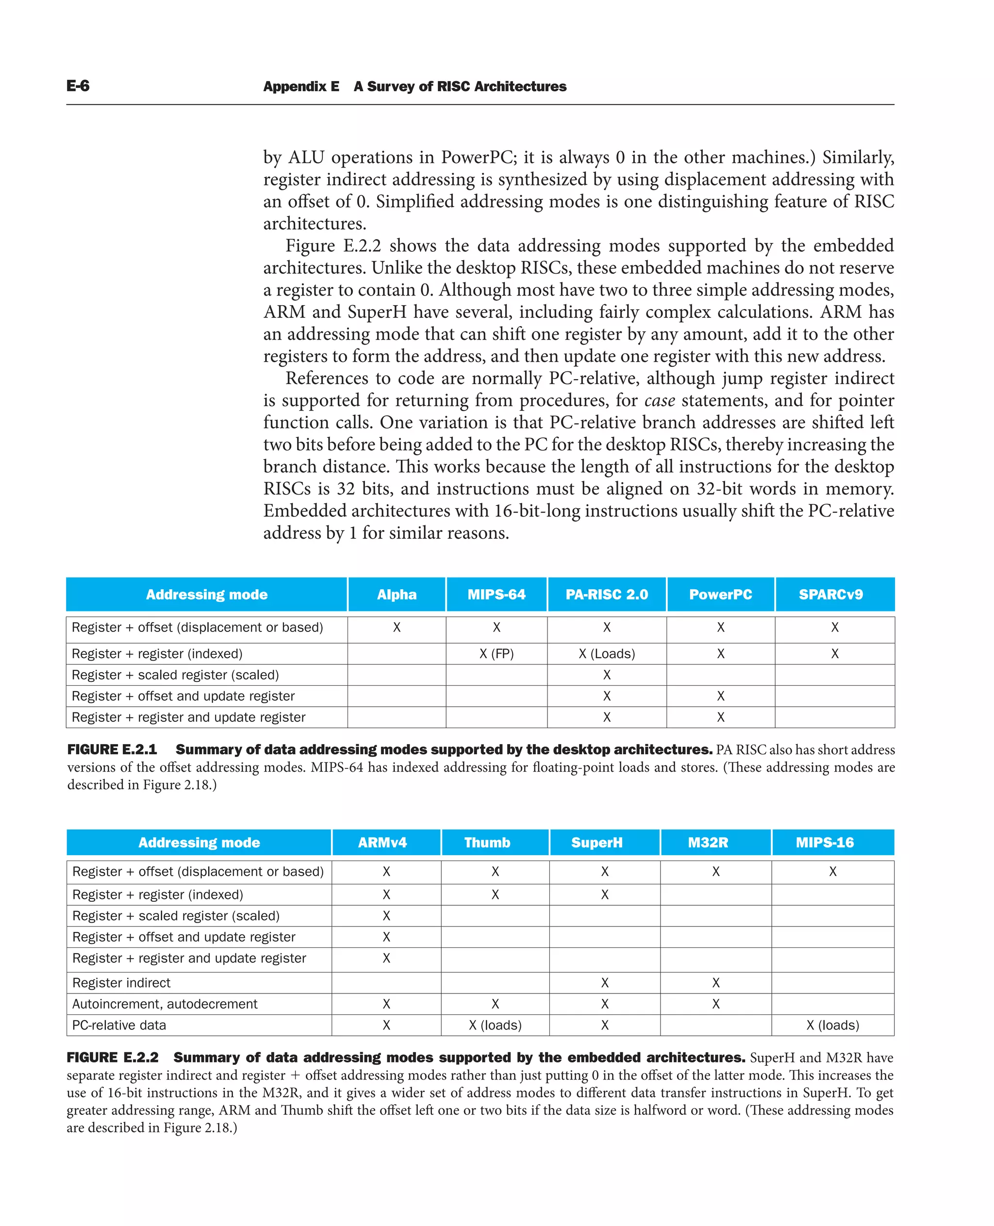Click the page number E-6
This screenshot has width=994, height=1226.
tap(78, 86)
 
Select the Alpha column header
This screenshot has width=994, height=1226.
tap(396, 595)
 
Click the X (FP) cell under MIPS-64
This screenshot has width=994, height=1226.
tap(497, 654)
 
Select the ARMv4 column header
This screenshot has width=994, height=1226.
tap(382, 843)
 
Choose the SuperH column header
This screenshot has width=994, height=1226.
tap(596, 843)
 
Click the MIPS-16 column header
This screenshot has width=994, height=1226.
tap(824, 843)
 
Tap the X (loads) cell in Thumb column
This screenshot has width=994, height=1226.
tap(495, 1025)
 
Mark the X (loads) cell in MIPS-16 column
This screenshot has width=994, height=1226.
tap(832, 1025)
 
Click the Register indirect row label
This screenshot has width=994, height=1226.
tap(121, 983)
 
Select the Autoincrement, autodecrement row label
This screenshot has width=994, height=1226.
tap(165, 1004)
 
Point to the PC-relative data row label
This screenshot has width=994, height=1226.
tap(119, 1025)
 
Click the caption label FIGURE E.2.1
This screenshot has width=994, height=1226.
tap(112, 749)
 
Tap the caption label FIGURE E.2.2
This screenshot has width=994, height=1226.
tap(113, 1057)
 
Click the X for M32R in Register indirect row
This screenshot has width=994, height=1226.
tap(716, 983)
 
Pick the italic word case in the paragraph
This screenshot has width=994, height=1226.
tap(660, 400)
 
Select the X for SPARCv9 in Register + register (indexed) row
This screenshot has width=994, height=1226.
tap(835, 654)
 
